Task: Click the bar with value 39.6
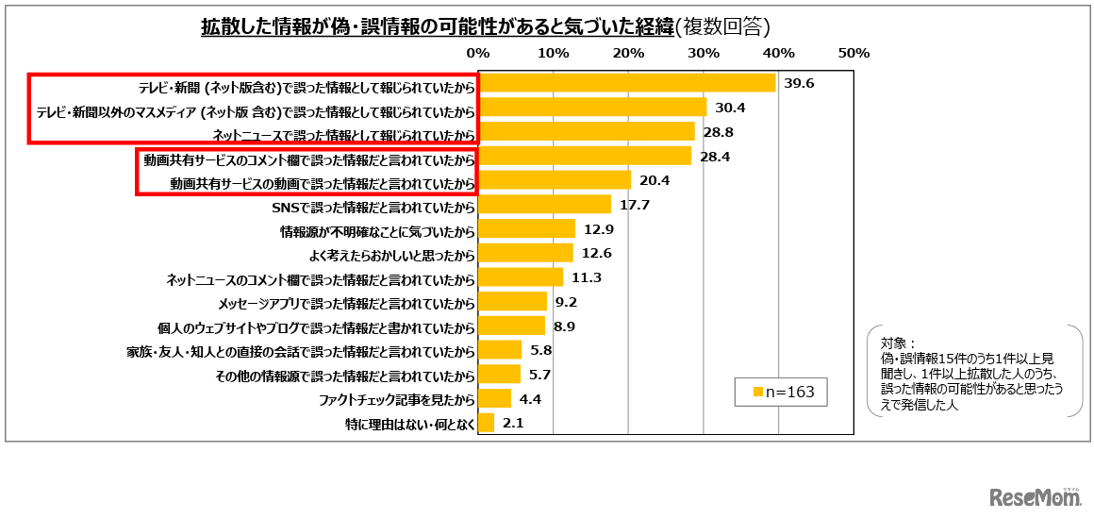pos(627,83)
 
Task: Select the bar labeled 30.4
pos(592,108)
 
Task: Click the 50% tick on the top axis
pos(853,52)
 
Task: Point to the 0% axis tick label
pos(478,52)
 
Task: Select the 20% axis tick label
pos(628,52)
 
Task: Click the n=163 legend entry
pos(780,391)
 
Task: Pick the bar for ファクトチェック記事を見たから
pos(495,399)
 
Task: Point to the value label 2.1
pos(513,424)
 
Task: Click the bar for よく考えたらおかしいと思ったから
pos(526,253)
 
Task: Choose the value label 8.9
pos(564,326)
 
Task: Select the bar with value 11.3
pos(521,277)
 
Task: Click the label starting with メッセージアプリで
pos(345,303)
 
